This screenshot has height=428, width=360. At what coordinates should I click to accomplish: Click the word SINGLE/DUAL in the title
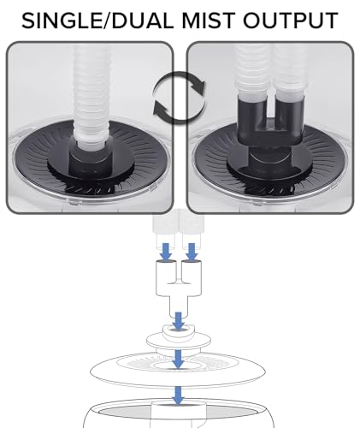pyautogui.click(x=97, y=21)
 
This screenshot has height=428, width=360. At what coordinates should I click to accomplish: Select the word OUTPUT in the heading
pyautogui.click(x=291, y=21)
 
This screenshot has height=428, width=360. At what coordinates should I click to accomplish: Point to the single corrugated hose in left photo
pyautogui.click(x=91, y=94)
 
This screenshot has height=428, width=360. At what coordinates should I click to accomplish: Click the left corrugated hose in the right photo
pyautogui.click(x=251, y=71)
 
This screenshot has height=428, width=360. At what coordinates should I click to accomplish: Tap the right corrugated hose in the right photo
pyautogui.click(x=288, y=71)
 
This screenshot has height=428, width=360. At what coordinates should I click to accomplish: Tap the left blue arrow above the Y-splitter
pyautogui.click(x=166, y=251)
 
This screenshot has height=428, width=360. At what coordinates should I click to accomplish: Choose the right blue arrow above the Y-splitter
pyautogui.click(x=192, y=251)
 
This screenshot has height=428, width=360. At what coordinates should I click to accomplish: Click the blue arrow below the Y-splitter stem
pyautogui.click(x=179, y=321)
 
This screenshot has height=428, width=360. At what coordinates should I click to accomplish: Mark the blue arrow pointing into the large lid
pyautogui.click(x=179, y=359)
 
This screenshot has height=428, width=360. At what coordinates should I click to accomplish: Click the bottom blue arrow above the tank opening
pyautogui.click(x=179, y=395)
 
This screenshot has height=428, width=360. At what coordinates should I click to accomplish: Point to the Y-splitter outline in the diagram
pyautogui.click(x=179, y=289)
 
